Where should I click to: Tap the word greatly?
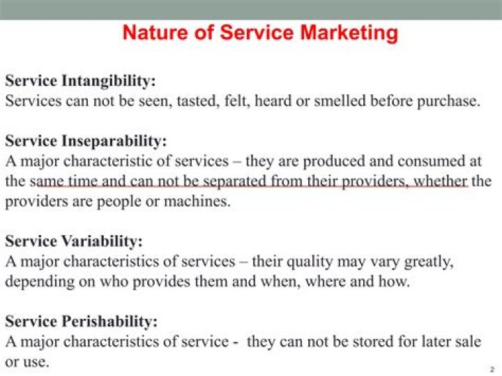[426, 262]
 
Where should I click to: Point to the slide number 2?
[492, 368]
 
